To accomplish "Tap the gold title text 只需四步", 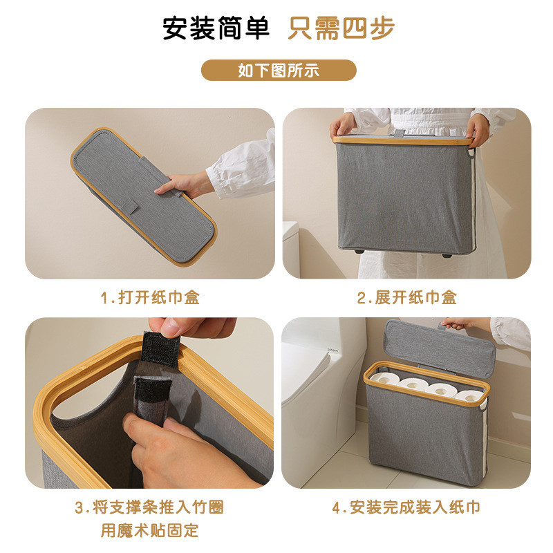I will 341,28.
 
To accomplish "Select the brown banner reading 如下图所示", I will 279,70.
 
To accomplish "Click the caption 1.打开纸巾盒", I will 149,298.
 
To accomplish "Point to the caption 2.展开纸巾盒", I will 406,298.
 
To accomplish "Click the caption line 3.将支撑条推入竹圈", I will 149,507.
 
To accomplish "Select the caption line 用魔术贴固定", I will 149,531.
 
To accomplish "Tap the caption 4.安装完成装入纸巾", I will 406,507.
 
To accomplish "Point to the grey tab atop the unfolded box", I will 400,133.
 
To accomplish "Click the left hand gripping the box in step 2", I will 344,125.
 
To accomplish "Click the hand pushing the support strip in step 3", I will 169,449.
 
